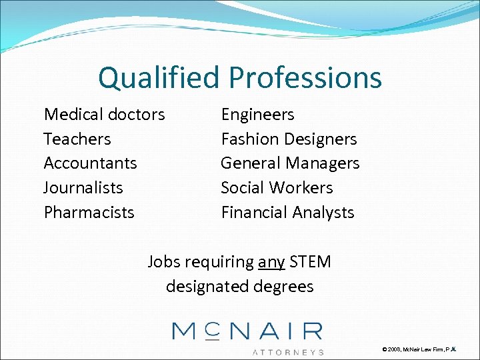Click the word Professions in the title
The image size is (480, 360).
coord(306,77)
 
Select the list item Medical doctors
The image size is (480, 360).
coord(104,115)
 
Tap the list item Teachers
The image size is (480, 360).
coord(77,139)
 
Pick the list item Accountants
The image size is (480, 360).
coord(90,163)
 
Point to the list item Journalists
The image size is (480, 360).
coord(83,188)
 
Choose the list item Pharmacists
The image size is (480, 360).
coord(89,213)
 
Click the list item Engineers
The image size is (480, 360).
coord(257,115)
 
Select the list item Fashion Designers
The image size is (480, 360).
coord(289,139)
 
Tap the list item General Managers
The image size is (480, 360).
coord(290,163)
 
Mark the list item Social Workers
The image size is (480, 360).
coord(277,188)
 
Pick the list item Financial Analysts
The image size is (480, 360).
coord(287,213)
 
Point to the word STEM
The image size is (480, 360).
coord(310,262)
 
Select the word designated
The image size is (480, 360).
coord(209,287)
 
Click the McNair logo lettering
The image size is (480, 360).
coord(247,331)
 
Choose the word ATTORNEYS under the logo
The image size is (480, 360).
coord(288,351)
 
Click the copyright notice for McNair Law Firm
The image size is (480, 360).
coord(420,349)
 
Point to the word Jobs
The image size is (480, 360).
coord(165,262)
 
